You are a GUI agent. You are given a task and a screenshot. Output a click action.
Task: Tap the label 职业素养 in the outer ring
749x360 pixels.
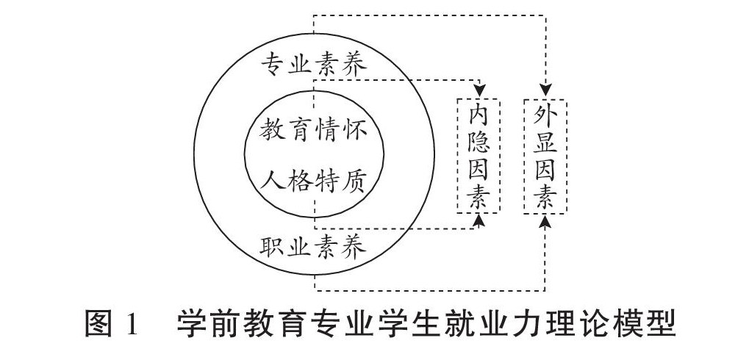point(314,247)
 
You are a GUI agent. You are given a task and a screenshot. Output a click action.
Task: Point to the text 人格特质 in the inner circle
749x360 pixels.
point(314,179)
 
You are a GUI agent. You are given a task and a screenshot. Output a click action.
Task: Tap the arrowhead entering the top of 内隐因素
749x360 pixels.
point(479,89)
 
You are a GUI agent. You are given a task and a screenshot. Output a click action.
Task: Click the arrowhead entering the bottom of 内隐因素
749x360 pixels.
point(479,220)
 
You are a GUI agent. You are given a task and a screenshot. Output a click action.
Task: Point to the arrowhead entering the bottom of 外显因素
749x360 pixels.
point(545,220)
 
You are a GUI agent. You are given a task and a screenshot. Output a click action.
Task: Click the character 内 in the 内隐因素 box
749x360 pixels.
point(479,115)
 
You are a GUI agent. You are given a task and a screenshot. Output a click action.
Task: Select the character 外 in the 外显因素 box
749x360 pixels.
point(545,115)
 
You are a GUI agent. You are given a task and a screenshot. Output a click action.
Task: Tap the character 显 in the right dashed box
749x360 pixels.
point(545,143)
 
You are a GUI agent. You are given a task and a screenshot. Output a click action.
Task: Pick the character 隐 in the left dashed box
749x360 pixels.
point(479,143)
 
